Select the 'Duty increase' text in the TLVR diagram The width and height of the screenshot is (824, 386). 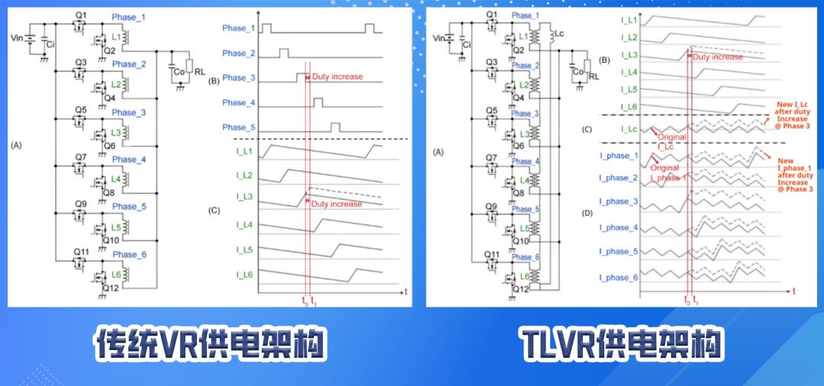tap(717, 56)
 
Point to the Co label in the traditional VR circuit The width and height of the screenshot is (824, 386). tap(179, 72)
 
